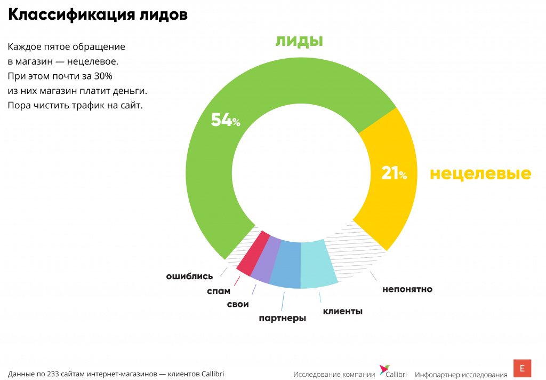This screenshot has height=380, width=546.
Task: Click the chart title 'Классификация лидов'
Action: pyautogui.click(x=98, y=15)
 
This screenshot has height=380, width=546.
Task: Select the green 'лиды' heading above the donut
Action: pyautogui.click(x=300, y=41)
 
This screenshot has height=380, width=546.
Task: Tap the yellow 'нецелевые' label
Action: pyautogui.click(x=480, y=173)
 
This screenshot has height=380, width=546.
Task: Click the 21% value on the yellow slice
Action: pyautogui.click(x=394, y=173)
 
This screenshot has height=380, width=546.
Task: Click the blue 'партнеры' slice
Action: pyautogui.click(x=286, y=265)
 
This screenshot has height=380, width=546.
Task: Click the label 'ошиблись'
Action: pyautogui.click(x=189, y=276)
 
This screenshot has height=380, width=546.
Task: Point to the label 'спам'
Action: pyautogui.click(x=219, y=291)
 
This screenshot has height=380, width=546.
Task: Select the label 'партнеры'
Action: pyautogui.click(x=282, y=319)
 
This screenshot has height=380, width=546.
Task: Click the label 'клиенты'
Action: pyautogui.click(x=342, y=311)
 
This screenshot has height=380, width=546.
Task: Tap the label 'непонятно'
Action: pyautogui.click(x=407, y=289)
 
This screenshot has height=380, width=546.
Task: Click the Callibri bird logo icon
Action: pyautogui.click(x=384, y=369)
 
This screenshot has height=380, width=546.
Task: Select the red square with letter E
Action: pyautogui.click(x=522, y=368)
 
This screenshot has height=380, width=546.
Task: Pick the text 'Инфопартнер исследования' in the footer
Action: pyautogui.click(x=461, y=375)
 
